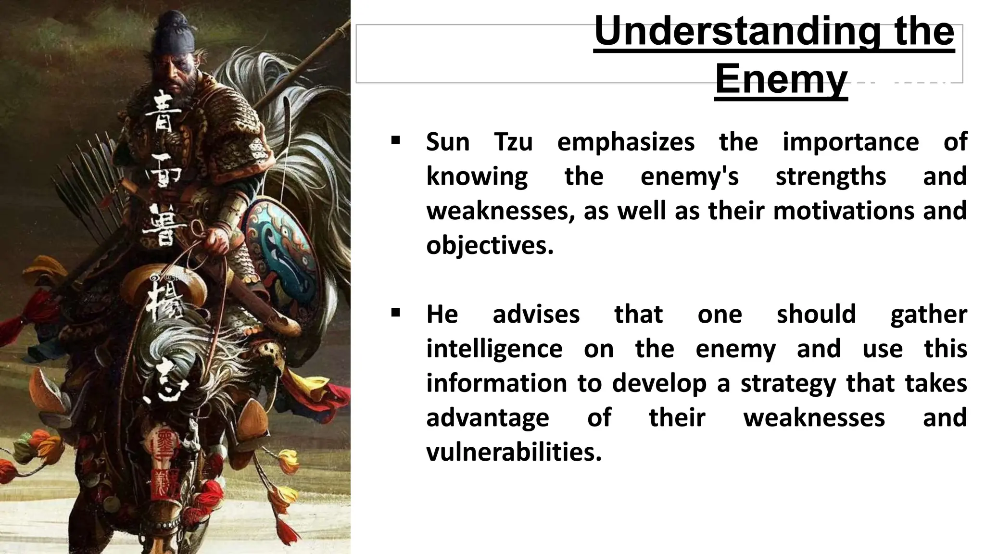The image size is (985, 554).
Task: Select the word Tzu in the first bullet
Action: pyautogui.click(x=513, y=142)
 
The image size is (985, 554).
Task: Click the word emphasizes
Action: pyautogui.click(x=626, y=142)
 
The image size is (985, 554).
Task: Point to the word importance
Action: pyautogui.click(x=850, y=142)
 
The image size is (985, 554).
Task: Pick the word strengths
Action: pyautogui.click(x=831, y=176)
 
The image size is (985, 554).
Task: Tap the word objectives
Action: pyautogui.click(x=490, y=246)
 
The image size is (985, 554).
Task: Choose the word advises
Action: pyautogui.click(x=536, y=315)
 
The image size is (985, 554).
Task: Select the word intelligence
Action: pyautogui.click(x=494, y=349)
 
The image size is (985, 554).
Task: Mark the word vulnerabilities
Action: pyautogui.click(x=514, y=453)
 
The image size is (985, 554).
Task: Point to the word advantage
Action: pyautogui.click(x=488, y=418)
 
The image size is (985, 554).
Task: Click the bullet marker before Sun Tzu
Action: pyautogui.click(x=396, y=141)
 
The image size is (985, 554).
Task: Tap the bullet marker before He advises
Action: pyautogui.click(x=396, y=314)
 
